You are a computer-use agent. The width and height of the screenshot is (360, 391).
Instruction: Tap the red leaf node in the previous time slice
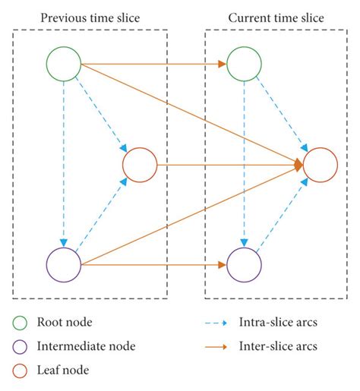coord(139,164)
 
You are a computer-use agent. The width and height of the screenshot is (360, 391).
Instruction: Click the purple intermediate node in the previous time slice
coord(64,265)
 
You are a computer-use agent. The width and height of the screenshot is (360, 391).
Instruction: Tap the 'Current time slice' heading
coord(272,17)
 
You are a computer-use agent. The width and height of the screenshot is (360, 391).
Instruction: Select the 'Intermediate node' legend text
coord(86,347)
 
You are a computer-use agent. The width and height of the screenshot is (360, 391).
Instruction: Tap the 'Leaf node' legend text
coord(62,371)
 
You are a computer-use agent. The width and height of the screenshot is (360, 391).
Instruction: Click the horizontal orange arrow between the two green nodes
coord(152,64)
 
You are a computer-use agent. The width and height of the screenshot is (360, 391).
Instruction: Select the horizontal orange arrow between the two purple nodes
coord(152,265)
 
